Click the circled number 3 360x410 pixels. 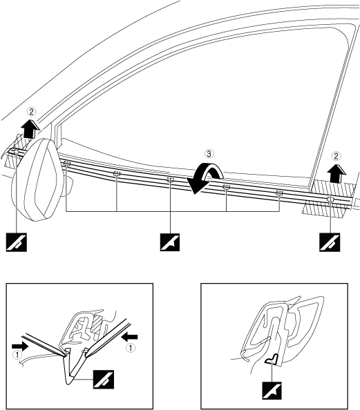click(209, 154)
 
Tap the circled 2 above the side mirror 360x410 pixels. click(31, 112)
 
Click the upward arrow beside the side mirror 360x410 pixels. click(31, 128)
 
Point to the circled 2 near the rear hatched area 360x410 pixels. click(337, 156)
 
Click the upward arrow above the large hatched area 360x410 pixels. click(337, 173)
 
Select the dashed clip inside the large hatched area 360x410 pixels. click(331, 199)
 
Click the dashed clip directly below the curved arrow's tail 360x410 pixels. click(227, 186)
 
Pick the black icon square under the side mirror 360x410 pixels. click(17, 242)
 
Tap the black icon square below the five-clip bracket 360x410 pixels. click(170, 242)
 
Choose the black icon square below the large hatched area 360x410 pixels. click(330, 242)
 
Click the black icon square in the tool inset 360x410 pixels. click(104, 380)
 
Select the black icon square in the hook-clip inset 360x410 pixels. click(272, 391)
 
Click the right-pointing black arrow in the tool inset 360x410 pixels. click(20, 346)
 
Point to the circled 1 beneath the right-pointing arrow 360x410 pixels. click(17, 355)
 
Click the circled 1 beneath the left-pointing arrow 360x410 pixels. click(131, 348)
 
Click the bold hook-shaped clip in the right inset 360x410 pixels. click(272, 358)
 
